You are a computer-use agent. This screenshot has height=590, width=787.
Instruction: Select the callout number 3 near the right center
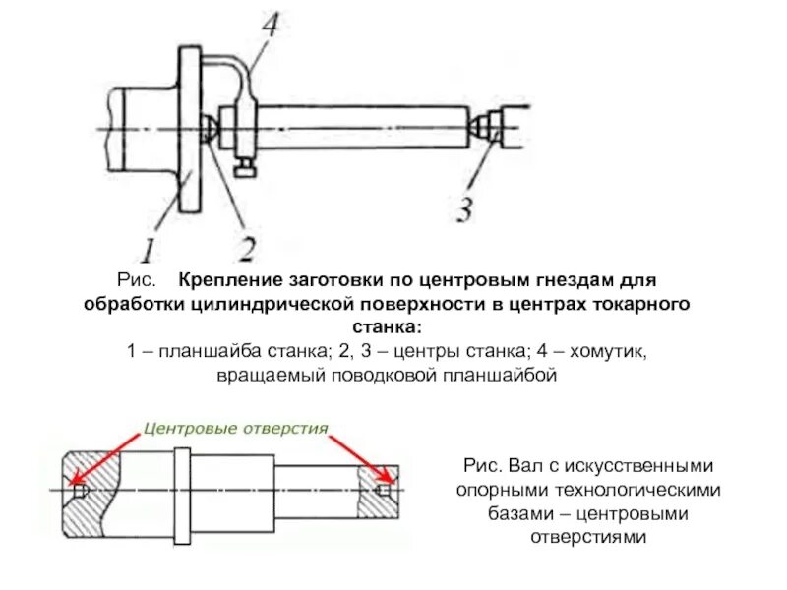click(x=465, y=209)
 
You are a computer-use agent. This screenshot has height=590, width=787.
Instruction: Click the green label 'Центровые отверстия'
click(x=235, y=428)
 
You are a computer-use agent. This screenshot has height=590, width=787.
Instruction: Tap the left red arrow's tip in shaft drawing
click(x=76, y=486)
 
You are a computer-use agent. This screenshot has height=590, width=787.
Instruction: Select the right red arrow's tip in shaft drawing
click(x=387, y=485)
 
